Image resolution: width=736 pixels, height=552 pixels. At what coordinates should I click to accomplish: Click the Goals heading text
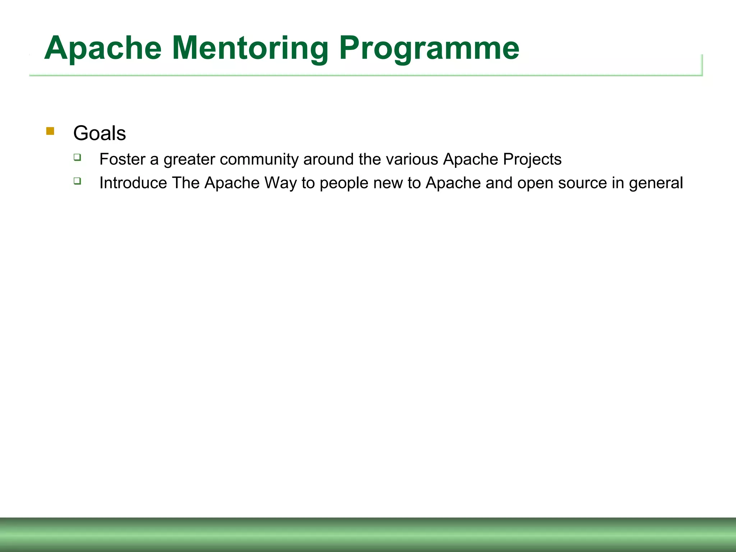(x=100, y=133)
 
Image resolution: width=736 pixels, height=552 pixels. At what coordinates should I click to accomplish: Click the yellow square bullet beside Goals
(x=50, y=131)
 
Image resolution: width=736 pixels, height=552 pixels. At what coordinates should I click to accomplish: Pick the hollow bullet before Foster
(x=77, y=157)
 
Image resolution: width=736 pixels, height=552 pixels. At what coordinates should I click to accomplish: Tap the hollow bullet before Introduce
(x=77, y=181)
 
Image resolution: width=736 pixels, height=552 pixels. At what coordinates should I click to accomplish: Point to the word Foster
(x=122, y=159)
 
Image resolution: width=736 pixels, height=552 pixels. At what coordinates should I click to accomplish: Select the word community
(x=259, y=159)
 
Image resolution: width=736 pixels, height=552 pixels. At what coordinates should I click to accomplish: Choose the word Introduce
(x=133, y=183)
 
